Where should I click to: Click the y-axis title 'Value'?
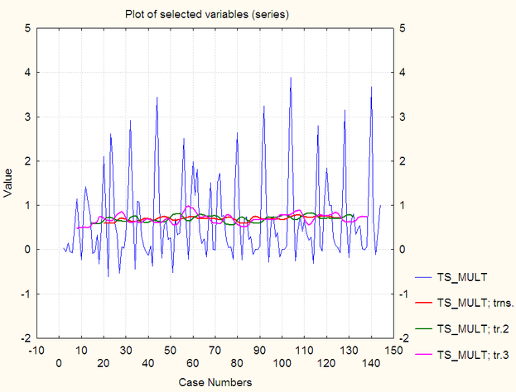coord(9,183)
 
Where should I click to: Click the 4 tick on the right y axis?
coord(403,73)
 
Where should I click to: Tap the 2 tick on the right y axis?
coord(403,161)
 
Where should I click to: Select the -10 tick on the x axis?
coord(36,350)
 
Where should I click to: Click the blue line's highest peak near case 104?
coord(291,78)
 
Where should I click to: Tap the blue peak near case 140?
coord(371,87)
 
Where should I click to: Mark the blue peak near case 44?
coord(157,98)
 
